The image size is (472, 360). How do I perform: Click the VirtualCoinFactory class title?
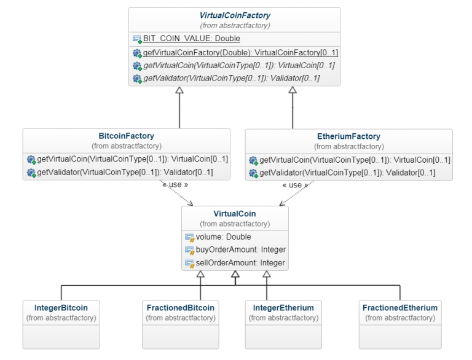[235, 15]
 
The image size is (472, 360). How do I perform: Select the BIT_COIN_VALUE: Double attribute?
[191, 39]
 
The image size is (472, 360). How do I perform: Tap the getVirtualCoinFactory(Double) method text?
[240, 53]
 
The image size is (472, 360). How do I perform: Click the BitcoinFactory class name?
[126, 136]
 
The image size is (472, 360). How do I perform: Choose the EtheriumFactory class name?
[348, 136]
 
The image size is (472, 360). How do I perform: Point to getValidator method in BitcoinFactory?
[125, 172]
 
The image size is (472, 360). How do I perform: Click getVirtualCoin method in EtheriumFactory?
[355, 160]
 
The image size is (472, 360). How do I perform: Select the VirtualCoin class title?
[235, 214]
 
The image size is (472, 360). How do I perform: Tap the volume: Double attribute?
[223, 237]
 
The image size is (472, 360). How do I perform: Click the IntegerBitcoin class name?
[61, 308]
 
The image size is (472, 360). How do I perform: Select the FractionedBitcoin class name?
[181, 308]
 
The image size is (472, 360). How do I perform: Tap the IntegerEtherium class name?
[283, 308]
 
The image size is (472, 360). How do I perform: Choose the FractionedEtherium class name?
[400, 308]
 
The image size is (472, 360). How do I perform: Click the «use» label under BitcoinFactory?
[175, 184]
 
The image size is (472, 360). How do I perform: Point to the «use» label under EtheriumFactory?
[295, 185]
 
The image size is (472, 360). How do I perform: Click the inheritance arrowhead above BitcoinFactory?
[179, 91]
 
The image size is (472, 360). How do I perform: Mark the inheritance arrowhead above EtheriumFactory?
[293, 91]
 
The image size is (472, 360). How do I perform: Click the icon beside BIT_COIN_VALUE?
[137, 39]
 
